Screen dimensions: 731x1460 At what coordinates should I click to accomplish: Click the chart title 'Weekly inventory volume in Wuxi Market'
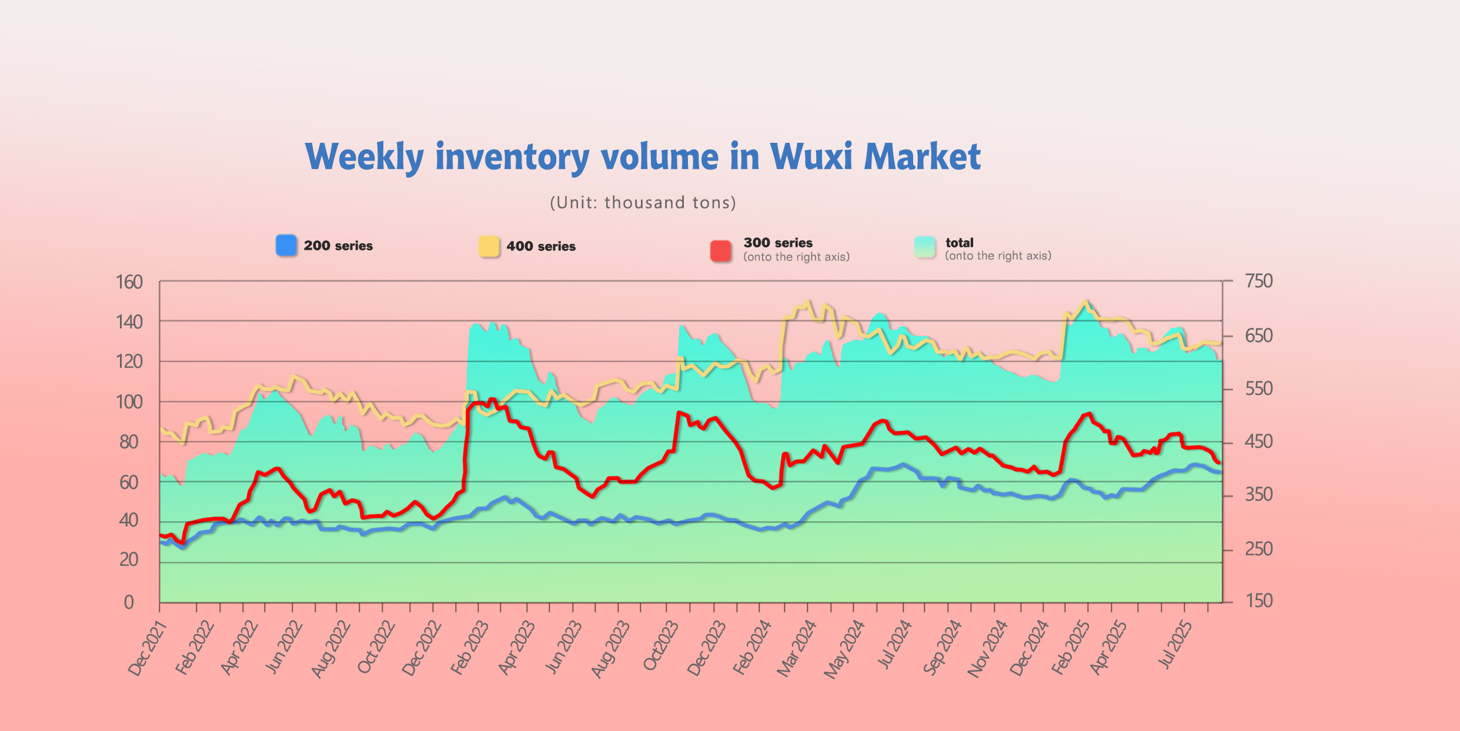(x=643, y=157)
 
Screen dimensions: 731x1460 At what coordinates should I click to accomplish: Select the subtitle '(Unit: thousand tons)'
(x=643, y=203)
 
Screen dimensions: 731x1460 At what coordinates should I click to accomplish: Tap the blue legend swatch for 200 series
(x=286, y=246)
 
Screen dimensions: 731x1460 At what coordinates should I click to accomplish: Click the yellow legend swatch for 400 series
(x=489, y=246)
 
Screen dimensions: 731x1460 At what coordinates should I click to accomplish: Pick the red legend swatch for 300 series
(x=721, y=250)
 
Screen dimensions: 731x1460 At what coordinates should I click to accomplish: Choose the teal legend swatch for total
(x=925, y=247)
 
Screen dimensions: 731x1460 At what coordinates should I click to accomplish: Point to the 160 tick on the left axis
(x=129, y=283)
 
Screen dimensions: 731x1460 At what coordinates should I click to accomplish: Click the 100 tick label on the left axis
(x=129, y=403)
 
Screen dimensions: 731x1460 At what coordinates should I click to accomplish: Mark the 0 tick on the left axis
(x=129, y=602)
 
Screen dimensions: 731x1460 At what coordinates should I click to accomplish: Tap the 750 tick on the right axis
(x=1259, y=281)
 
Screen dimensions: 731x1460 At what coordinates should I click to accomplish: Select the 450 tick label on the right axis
(x=1259, y=442)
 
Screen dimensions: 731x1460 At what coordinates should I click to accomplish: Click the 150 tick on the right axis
(x=1259, y=601)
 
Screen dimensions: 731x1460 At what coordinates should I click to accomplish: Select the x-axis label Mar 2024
(x=797, y=648)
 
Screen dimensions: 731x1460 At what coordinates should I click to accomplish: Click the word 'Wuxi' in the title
(x=811, y=157)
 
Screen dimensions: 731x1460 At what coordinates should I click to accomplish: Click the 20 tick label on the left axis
(x=129, y=560)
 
